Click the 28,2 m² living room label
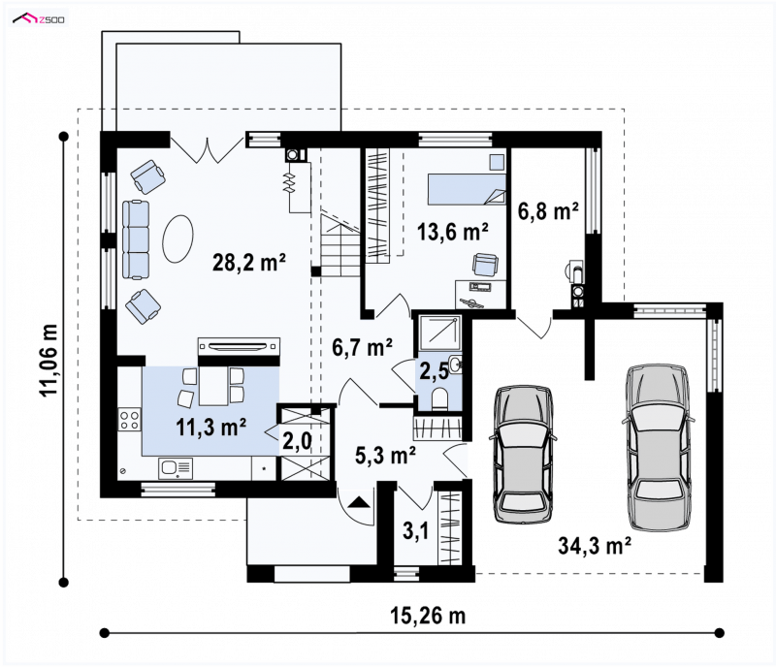tap(249, 262)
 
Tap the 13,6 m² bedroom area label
tap(453, 231)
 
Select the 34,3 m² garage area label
tap(595, 546)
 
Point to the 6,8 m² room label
tap(548, 211)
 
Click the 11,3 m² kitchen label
tap(211, 427)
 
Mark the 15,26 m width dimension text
tap(428, 616)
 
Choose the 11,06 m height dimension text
tap(49, 360)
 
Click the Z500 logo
tap(39, 19)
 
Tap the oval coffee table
tap(178, 239)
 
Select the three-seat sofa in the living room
tap(135, 239)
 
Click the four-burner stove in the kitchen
tap(129, 420)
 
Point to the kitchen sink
tap(176, 468)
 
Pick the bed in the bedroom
tap(467, 188)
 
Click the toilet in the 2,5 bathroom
tap(439, 398)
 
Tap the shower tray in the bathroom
tap(440, 333)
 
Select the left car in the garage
tap(523, 454)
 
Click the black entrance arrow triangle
tap(358, 503)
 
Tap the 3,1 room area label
tap(416, 531)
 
